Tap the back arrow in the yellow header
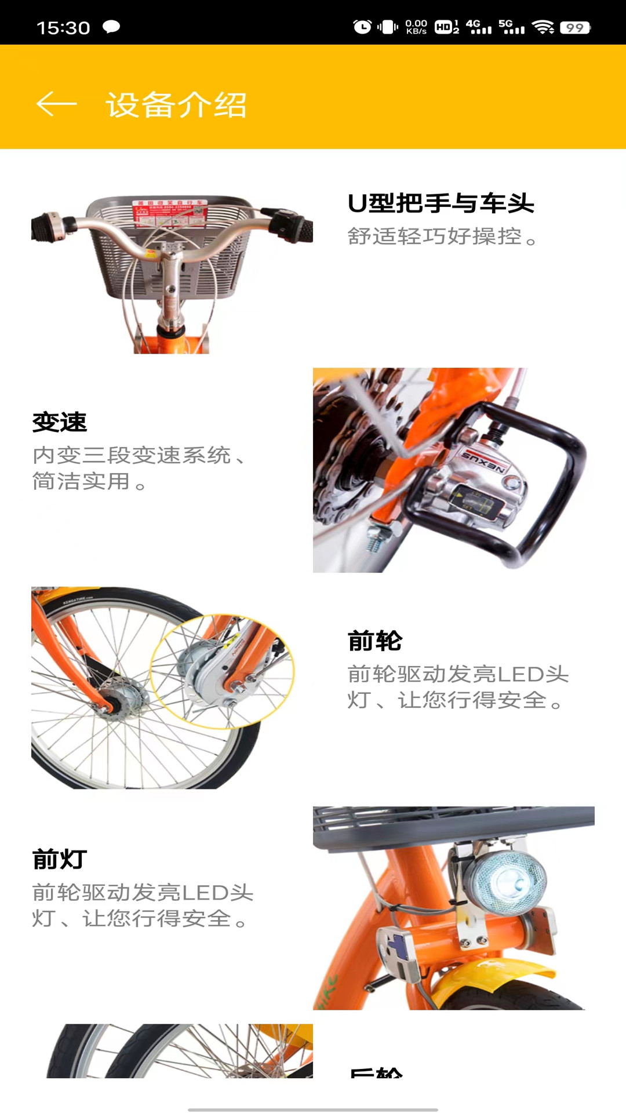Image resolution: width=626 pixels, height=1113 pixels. coord(56,104)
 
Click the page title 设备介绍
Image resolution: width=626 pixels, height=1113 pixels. coord(176,105)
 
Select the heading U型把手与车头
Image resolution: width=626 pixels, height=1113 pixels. coord(441,203)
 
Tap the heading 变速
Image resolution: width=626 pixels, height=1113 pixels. coord(60,422)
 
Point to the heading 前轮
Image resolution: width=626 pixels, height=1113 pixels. coord(375,641)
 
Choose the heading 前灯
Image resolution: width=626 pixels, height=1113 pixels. coord(60,859)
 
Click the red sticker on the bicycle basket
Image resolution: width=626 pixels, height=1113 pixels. coord(170,213)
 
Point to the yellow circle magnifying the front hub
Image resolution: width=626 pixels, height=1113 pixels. coord(223,671)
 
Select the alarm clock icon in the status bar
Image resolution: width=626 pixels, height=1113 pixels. coord(362,27)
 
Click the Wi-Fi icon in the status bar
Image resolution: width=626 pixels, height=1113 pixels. coord(543,27)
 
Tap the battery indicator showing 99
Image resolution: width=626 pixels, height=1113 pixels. coord(575,27)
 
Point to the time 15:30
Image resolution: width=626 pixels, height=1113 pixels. coord(63,28)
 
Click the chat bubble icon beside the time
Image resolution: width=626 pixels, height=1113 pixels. coord(111,27)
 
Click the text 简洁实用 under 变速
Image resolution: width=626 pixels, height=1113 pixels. coord(81,481)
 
